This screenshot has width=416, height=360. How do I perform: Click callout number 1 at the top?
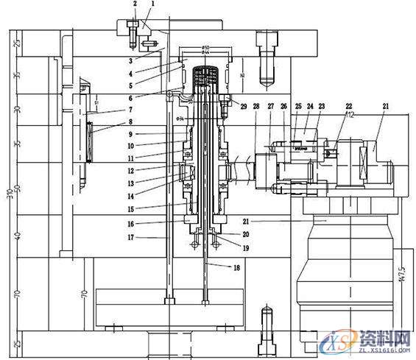152,4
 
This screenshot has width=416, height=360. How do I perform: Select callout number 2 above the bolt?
135,4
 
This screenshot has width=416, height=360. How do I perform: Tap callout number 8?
130,122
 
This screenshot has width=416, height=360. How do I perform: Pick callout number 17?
130,237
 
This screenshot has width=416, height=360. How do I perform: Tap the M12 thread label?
350,116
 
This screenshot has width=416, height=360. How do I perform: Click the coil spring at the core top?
206,76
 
